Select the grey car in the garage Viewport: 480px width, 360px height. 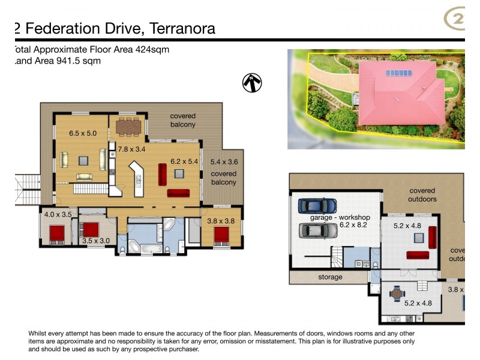pyautogui.click(x=316, y=230)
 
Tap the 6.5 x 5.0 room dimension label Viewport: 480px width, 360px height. pyautogui.click(x=83, y=133)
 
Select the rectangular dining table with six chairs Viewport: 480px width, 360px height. pyautogui.click(x=129, y=127)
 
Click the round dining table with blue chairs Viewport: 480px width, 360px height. pyautogui.click(x=397, y=295)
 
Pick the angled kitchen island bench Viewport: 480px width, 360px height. pyautogui.click(x=137, y=179)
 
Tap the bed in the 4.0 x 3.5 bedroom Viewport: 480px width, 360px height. pyautogui.click(x=57, y=232)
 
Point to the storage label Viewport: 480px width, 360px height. pyautogui.click(x=330, y=277)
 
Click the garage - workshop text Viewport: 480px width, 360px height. pyautogui.click(x=340, y=217)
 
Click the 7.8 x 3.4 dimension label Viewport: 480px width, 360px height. pyautogui.click(x=131, y=148)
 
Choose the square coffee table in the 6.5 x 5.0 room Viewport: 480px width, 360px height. pyautogui.click(x=84, y=160)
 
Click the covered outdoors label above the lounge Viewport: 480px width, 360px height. pyautogui.click(x=422, y=194)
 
